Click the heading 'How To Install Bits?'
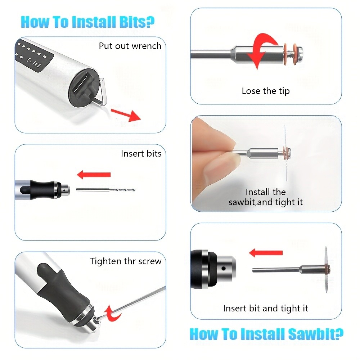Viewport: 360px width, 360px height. click(x=87, y=22)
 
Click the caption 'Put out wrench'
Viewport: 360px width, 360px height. click(x=130, y=46)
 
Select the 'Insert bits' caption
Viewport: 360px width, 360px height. click(x=141, y=153)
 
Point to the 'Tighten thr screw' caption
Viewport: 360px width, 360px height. click(x=126, y=261)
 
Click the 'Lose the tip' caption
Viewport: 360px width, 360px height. click(x=266, y=91)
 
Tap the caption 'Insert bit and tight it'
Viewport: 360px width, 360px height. click(x=266, y=309)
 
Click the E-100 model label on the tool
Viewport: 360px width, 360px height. click(x=33, y=63)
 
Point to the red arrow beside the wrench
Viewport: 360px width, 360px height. click(x=126, y=115)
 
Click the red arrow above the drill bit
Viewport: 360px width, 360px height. click(x=94, y=175)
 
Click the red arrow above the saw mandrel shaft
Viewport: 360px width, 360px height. click(x=266, y=253)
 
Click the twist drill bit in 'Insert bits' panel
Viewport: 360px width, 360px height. click(x=106, y=190)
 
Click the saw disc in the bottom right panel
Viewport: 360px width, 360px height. click(x=326, y=269)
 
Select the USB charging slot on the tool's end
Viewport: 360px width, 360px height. click(x=81, y=83)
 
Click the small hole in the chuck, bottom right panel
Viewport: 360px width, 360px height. click(x=224, y=268)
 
